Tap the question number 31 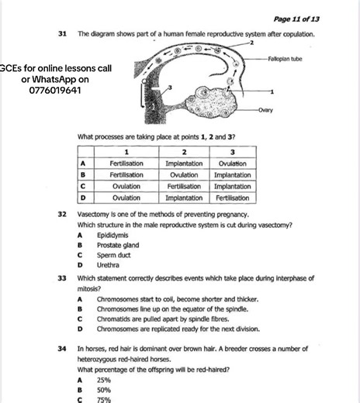62,35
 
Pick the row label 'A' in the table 82,164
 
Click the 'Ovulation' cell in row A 232,164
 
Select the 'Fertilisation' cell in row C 184,187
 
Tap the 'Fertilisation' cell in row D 232,198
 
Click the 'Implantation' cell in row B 232,175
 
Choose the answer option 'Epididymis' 112,234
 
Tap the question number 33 62,277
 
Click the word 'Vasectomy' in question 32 93,213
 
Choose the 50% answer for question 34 104,390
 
